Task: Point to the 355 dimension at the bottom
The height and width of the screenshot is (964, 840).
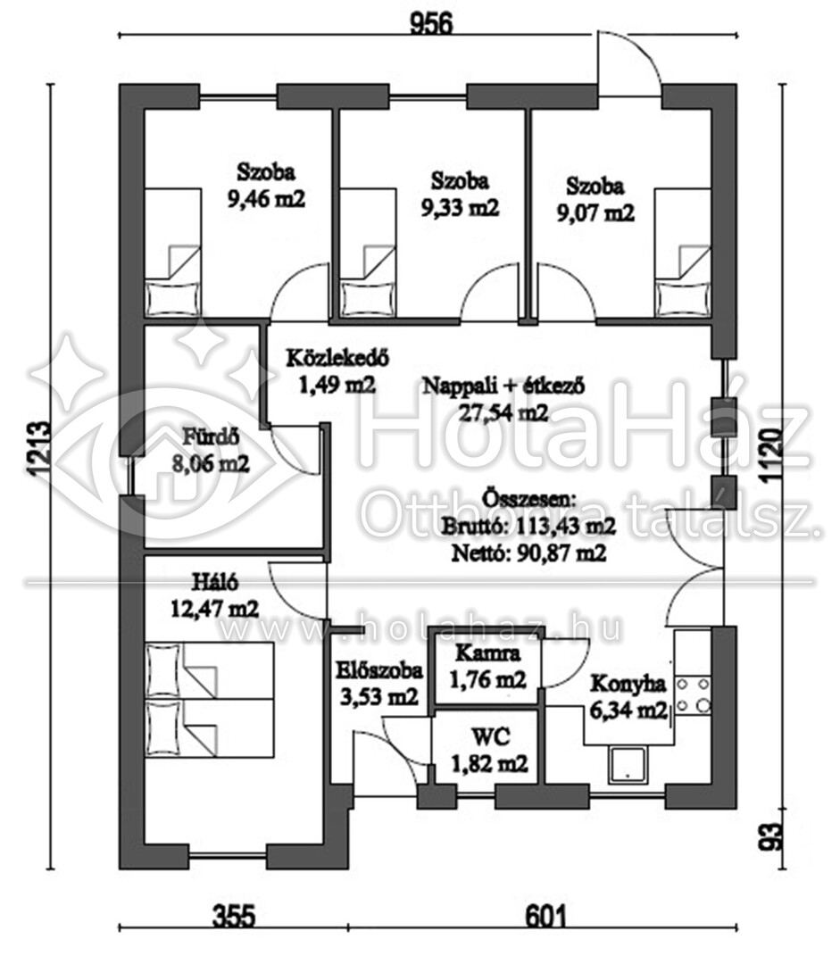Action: [234, 917]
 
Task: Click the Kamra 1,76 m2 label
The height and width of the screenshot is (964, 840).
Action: [487, 667]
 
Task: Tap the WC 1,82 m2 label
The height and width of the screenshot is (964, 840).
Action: [489, 750]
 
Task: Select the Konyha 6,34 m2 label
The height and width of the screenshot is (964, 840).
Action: [628, 697]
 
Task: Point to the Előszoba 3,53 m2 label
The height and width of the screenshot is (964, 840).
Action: [379, 684]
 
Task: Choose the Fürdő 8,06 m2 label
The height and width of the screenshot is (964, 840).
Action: [211, 451]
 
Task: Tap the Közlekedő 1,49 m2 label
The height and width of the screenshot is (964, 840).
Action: [337, 371]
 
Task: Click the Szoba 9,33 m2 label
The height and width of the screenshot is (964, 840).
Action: [460, 195]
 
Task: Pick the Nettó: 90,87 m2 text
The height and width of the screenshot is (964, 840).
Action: [528, 553]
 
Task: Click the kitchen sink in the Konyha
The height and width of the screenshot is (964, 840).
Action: [628, 766]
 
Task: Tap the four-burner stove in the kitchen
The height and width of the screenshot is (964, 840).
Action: [693, 694]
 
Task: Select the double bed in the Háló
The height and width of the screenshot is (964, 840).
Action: [209, 700]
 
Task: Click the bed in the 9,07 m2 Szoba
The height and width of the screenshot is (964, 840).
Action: [683, 253]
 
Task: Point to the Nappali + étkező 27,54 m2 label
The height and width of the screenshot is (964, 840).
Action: [503, 400]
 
